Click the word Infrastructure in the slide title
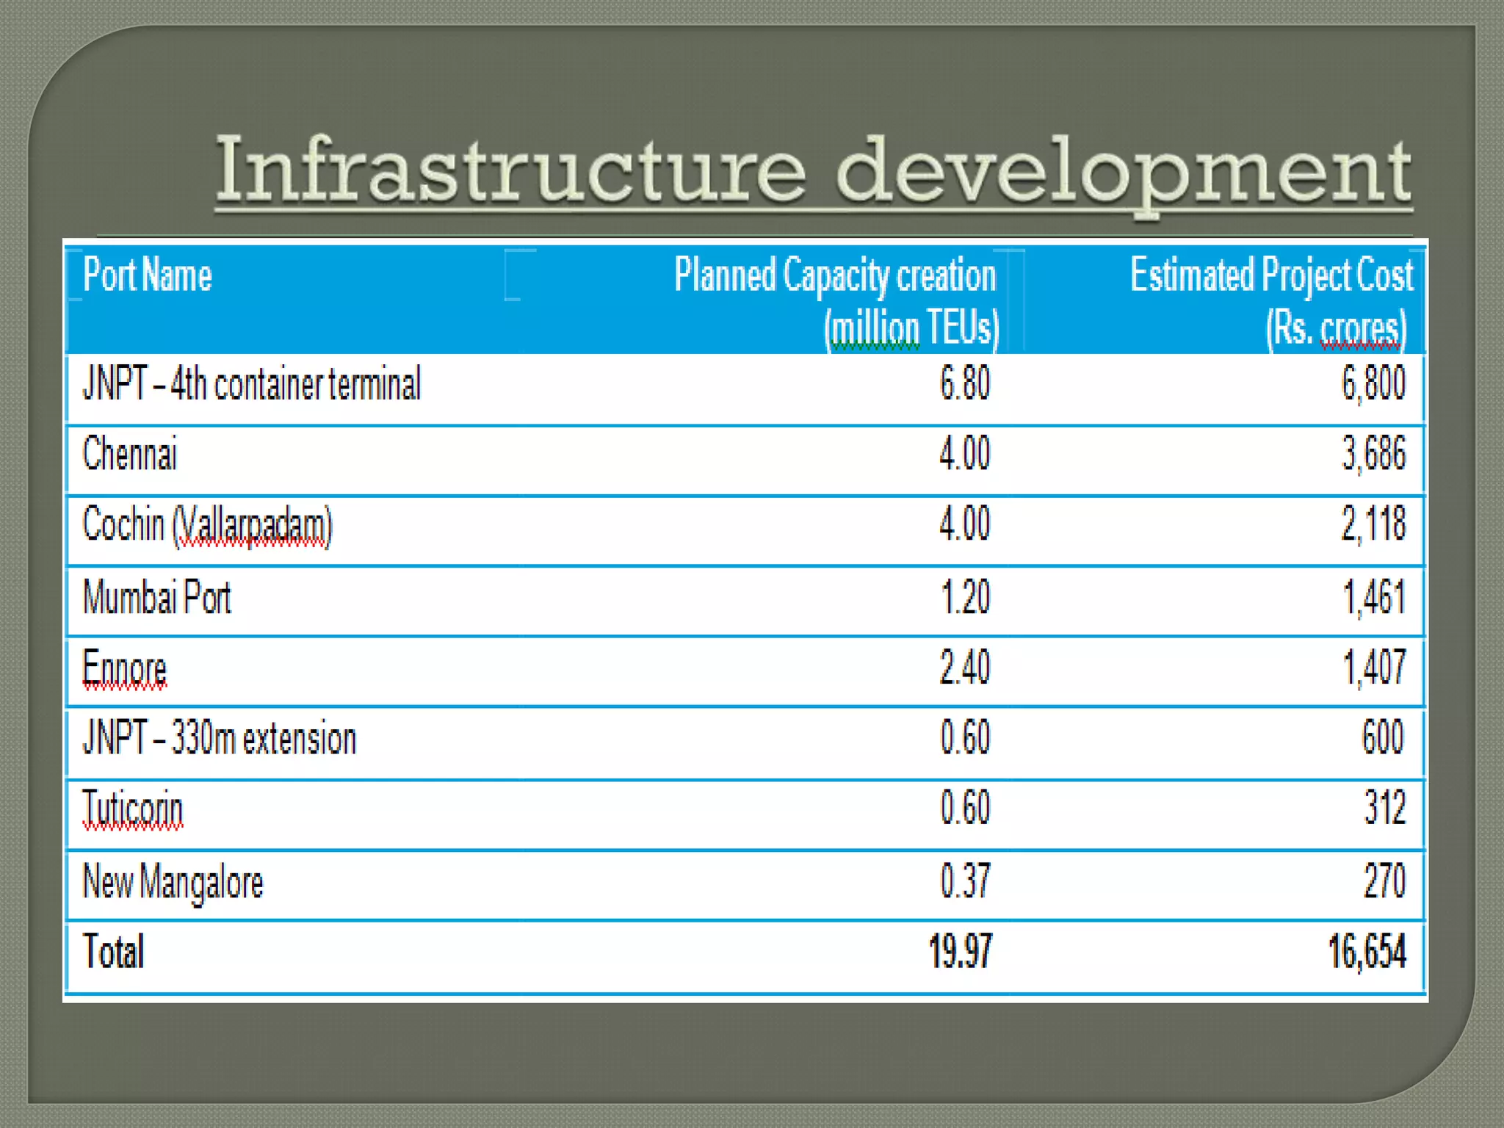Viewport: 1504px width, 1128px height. (x=510, y=170)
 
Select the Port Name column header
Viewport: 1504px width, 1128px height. (x=148, y=275)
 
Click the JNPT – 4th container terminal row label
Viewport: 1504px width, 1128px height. (x=252, y=383)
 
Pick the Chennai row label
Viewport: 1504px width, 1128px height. (x=130, y=453)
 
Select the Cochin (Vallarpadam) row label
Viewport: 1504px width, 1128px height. (x=207, y=525)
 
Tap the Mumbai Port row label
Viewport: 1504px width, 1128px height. (x=157, y=596)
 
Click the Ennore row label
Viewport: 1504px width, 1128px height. (x=125, y=668)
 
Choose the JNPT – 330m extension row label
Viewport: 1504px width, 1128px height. (x=220, y=738)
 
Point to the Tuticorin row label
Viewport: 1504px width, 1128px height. (x=133, y=809)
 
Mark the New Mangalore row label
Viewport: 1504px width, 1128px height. (x=173, y=881)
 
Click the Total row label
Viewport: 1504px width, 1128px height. (x=114, y=951)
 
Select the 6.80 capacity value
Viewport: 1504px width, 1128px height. (x=964, y=383)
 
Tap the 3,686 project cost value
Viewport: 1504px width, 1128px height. (x=1373, y=453)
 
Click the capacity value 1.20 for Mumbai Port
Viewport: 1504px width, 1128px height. (x=965, y=596)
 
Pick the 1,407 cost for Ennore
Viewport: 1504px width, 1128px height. (x=1374, y=668)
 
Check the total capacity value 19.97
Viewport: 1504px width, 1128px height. (x=960, y=951)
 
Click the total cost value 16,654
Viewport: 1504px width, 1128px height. (x=1367, y=951)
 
